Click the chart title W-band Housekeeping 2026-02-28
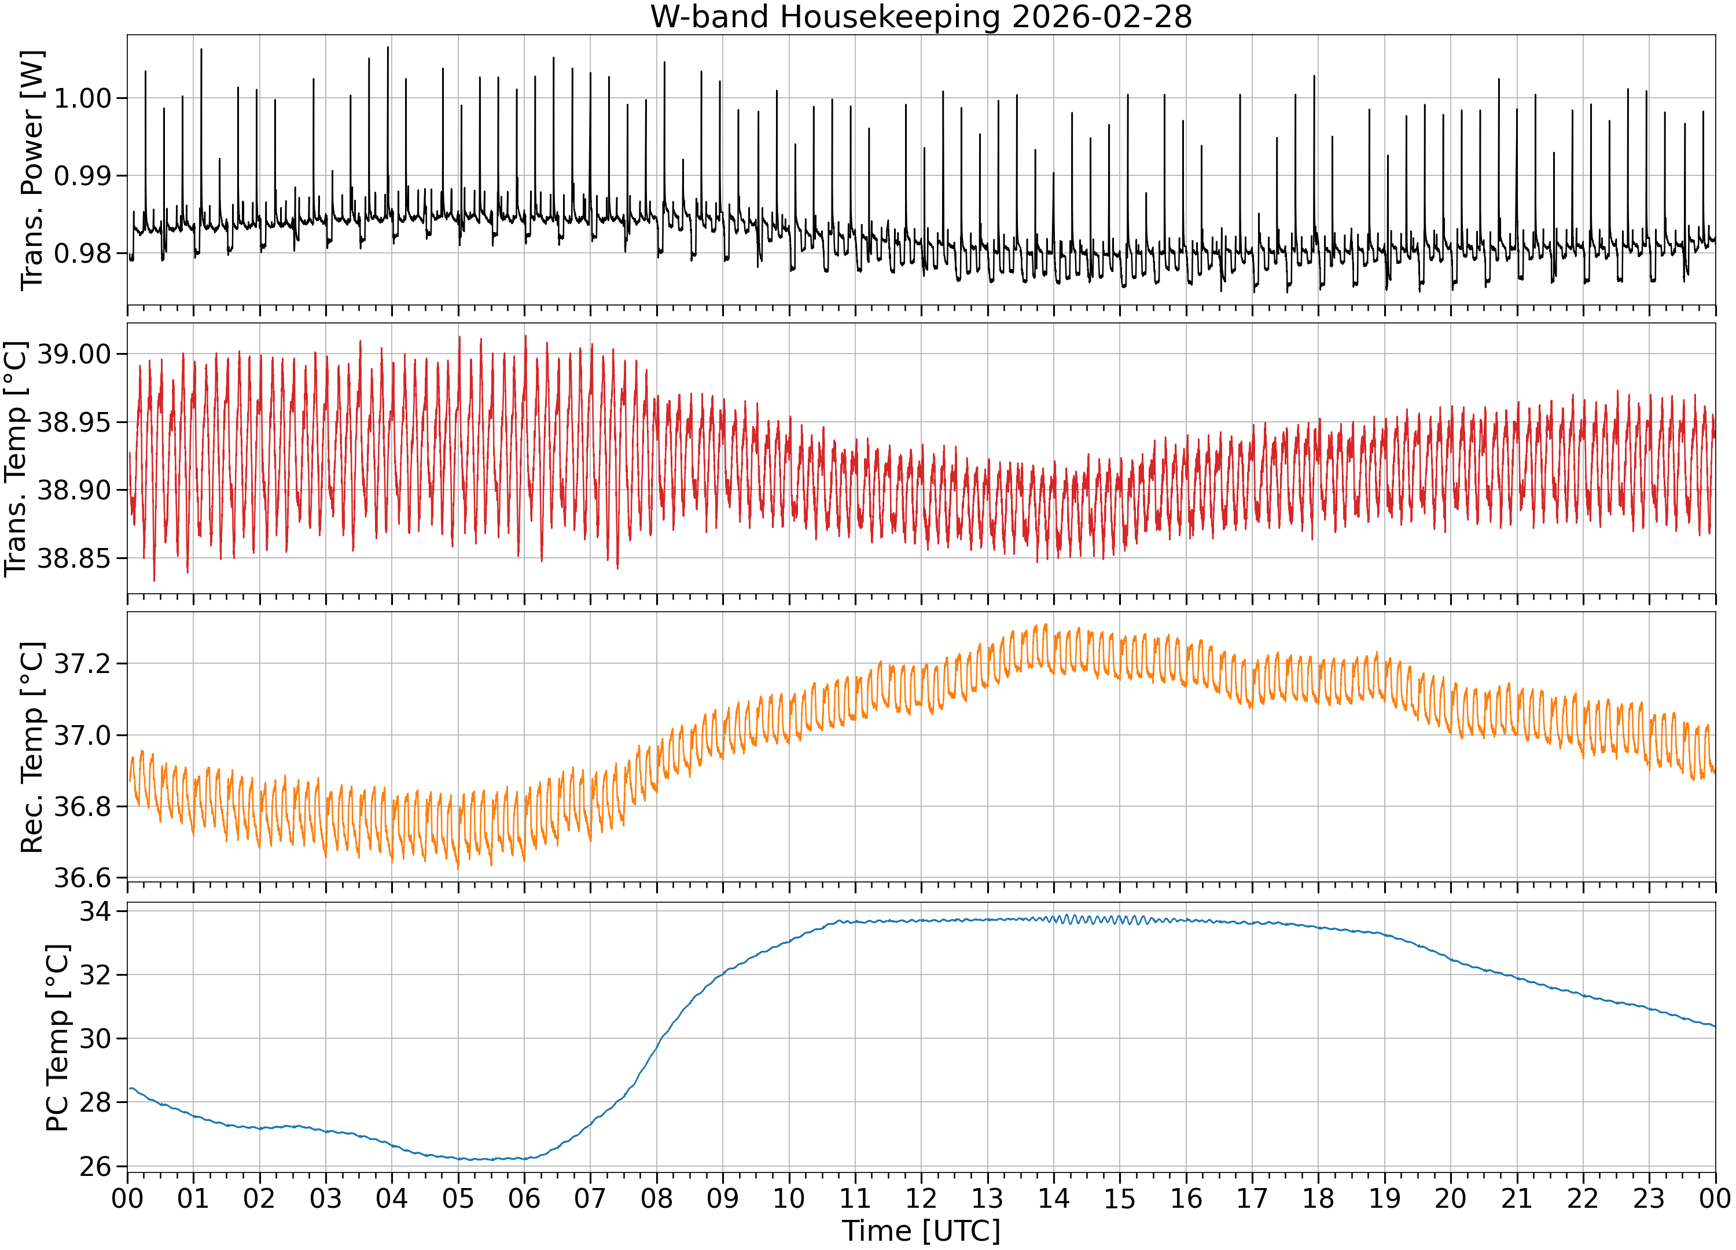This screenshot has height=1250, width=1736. [x=921, y=17]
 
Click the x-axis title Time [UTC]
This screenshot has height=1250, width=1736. [x=921, y=1231]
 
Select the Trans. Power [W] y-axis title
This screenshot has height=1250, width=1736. [x=32, y=170]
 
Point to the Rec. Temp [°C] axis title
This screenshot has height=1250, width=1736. [x=32, y=747]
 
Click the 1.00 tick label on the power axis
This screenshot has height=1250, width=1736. [x=83, y=98]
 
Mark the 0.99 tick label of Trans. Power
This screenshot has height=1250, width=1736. [x=83, y=175]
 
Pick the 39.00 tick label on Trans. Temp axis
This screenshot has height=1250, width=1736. [x=74, y=354]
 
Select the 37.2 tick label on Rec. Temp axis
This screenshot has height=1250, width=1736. [x=83, y=663]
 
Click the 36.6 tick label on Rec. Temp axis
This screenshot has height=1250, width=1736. [x=83, y=878]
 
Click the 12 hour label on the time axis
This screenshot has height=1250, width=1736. [x=921, y=1198]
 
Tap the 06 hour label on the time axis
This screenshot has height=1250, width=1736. [x=524, y=1198]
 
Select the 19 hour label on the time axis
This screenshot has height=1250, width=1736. [x=1384, y=1198]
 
